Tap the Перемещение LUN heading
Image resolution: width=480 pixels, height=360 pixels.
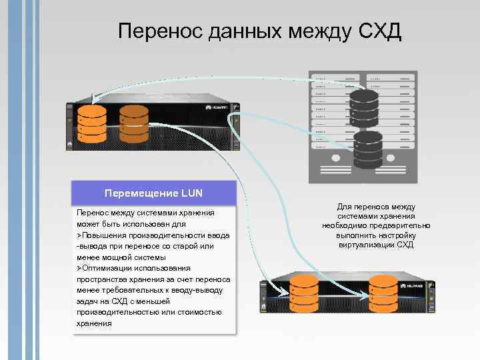[153, 193]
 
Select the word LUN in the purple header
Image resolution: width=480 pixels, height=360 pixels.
[189, 193]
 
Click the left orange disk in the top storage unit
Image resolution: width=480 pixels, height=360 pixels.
[91, 123]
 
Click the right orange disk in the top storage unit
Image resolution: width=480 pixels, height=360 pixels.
[133, 123]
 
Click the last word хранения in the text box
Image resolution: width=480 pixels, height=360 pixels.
[94, 323]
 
